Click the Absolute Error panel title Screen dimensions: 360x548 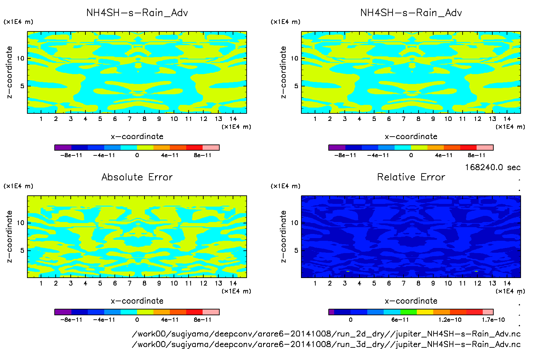pos(137,177)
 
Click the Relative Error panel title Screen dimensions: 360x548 pos(411,177)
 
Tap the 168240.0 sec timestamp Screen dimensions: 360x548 pos(493,167)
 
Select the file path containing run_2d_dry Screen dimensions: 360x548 pos(326,334)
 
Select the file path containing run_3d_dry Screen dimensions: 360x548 pos(326,344)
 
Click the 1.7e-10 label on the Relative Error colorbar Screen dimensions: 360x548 pos(493,320)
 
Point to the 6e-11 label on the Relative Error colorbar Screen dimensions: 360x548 pos(400,320)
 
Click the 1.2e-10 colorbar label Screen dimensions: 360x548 pos(450,320)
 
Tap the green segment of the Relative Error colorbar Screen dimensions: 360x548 pos(408,312)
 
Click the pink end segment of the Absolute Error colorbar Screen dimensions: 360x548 pos(211,312)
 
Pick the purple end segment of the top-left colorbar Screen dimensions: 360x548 pos(63,148)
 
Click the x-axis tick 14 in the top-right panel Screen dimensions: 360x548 pos(507,119)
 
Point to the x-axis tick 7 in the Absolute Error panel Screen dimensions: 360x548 pos(129,283)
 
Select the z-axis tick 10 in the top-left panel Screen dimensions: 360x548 pos(20,58)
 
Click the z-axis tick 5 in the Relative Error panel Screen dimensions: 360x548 pos(296,250)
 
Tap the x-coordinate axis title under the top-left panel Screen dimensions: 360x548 pos(137,137)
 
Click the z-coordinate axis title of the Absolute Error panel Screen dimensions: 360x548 pos(9,236)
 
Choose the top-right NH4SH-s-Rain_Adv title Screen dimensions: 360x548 pos(411,13)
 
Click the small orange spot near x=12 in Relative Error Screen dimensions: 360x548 pos(476,271)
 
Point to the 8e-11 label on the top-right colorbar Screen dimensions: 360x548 pos(476,155)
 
